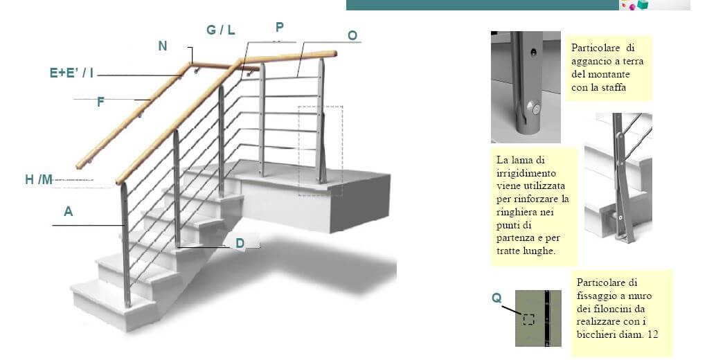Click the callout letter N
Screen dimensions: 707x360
(x=163, y=46)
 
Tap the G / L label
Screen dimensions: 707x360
(x=220, y=30)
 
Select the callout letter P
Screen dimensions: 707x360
(x=280, y=28)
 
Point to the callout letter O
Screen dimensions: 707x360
(x=352, y=35)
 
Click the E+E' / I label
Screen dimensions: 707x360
(x=71, y=73)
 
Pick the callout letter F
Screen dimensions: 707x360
(x=100, y=102)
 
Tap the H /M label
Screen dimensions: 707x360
(x=39, y=180)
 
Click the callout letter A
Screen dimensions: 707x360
(x=68, y=211)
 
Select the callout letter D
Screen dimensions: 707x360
(x=240, y=243)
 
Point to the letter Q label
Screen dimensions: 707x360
(x=496, y=298)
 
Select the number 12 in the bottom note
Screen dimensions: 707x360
(x=652, y=334)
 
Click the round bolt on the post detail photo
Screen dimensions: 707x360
(x=535, y=109)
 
